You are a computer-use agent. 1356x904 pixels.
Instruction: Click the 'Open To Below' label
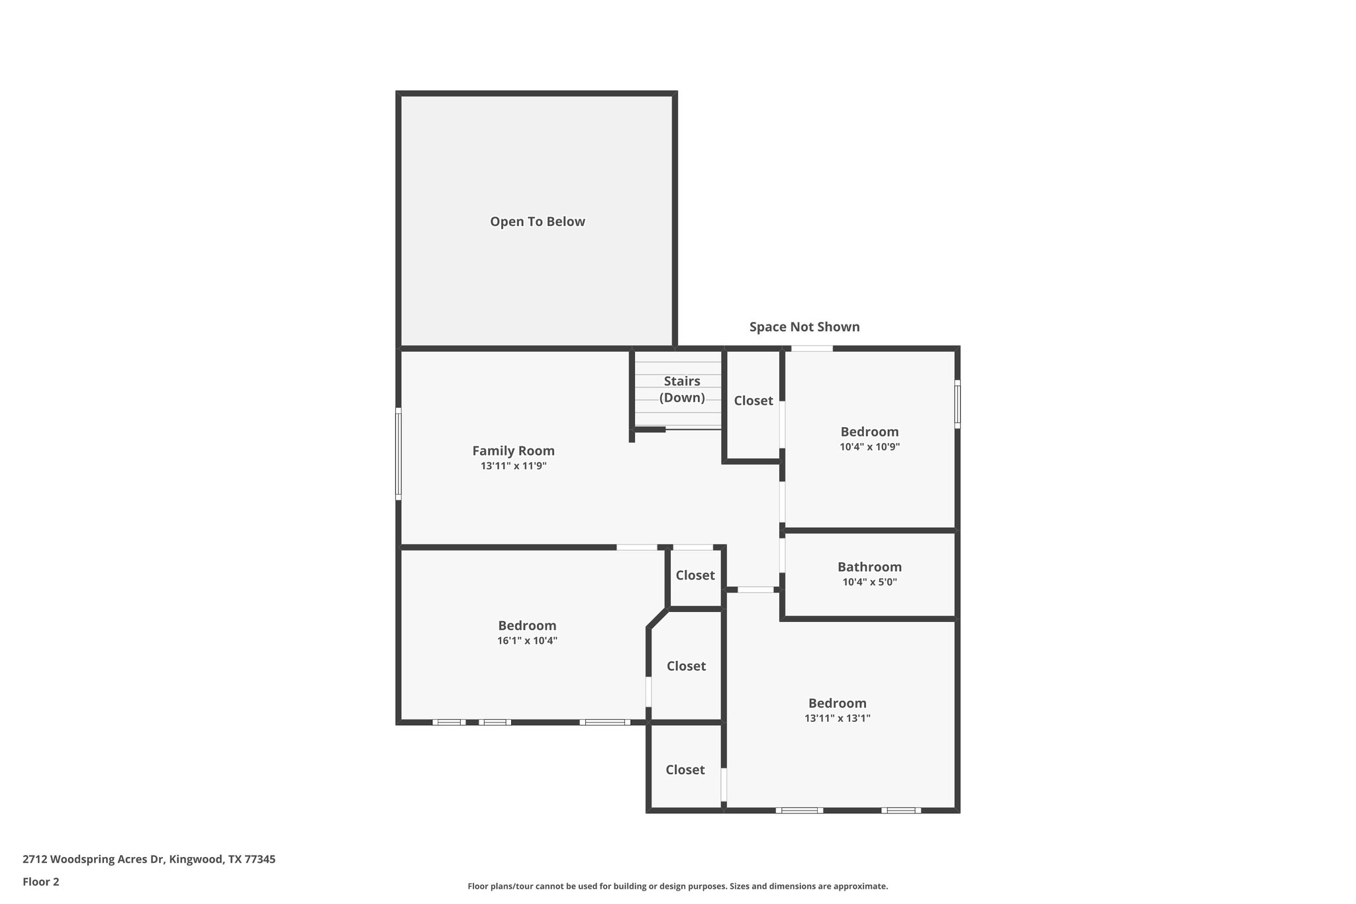[537, 222]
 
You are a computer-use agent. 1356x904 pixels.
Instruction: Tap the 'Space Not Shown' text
[804, 326]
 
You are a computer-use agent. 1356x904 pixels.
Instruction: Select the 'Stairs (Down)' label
[681, 389]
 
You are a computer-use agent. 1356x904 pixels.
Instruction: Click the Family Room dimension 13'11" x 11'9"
[513, 466]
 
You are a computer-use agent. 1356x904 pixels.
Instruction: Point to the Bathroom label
[869, 567]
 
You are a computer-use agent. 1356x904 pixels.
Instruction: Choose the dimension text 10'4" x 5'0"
[869, 583]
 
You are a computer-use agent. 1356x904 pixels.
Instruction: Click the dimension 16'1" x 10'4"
[527, 641]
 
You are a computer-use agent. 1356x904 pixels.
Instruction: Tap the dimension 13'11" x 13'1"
[837, 719]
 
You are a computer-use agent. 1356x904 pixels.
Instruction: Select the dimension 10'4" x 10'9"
[869, 447]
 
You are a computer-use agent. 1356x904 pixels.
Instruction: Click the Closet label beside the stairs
[753, 401]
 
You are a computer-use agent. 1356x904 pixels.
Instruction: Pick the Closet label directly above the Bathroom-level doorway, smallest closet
[695, 576]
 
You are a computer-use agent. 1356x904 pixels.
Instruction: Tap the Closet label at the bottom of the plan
[685, 770]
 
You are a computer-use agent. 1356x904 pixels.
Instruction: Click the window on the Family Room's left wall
[399, 453]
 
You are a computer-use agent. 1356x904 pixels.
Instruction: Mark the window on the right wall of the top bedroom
[957, 404]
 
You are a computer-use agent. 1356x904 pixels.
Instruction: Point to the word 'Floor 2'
[41, 881]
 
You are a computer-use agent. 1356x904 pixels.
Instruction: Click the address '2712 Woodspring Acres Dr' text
[93, 860]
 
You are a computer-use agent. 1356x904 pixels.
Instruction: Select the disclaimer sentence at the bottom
[677, 886]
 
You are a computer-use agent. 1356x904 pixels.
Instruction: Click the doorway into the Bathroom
[783, 555]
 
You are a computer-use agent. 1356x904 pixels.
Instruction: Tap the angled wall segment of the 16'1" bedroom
[657, 619]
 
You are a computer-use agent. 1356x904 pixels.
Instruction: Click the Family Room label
[513, 451]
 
